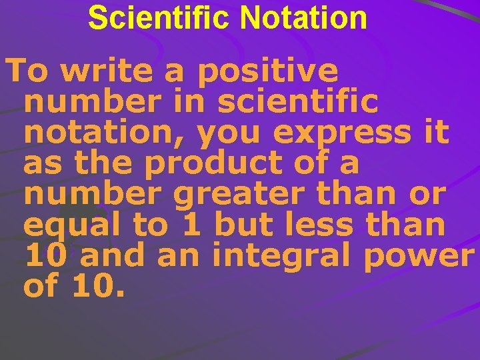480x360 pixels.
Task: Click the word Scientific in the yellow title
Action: [159, 18]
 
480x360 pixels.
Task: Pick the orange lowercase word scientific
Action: [298, 102]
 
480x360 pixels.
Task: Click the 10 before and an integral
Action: [41, 256]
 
